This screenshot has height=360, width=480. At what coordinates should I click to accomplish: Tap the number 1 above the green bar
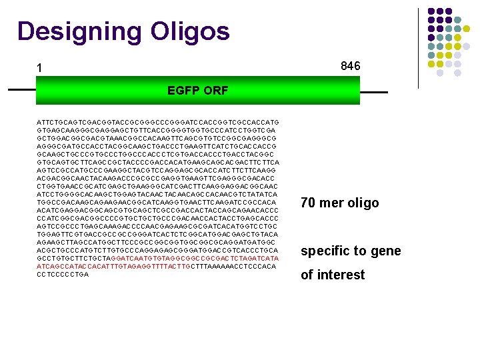[x=40, y=68]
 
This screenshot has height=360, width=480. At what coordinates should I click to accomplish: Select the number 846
[x=350, y=66]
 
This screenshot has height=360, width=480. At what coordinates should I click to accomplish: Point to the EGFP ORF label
[x=198, y=91]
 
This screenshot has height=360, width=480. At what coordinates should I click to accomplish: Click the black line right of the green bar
[x=373, y=91]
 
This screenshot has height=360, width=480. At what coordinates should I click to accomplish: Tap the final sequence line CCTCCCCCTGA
[x=63, y=274]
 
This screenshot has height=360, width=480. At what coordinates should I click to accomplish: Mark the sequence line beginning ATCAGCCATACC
[x=157, y=266]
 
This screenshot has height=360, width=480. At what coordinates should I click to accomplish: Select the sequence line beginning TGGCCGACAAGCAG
[x=157, y=202]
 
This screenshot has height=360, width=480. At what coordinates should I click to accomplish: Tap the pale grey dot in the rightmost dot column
[x=467, y=47]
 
